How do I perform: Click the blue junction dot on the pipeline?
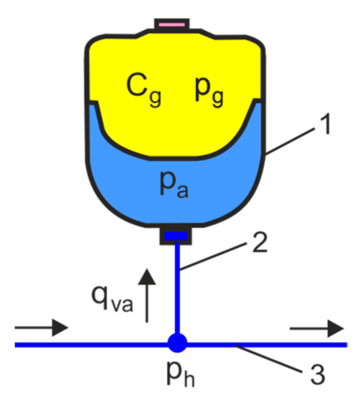click(x=176, y=345)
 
